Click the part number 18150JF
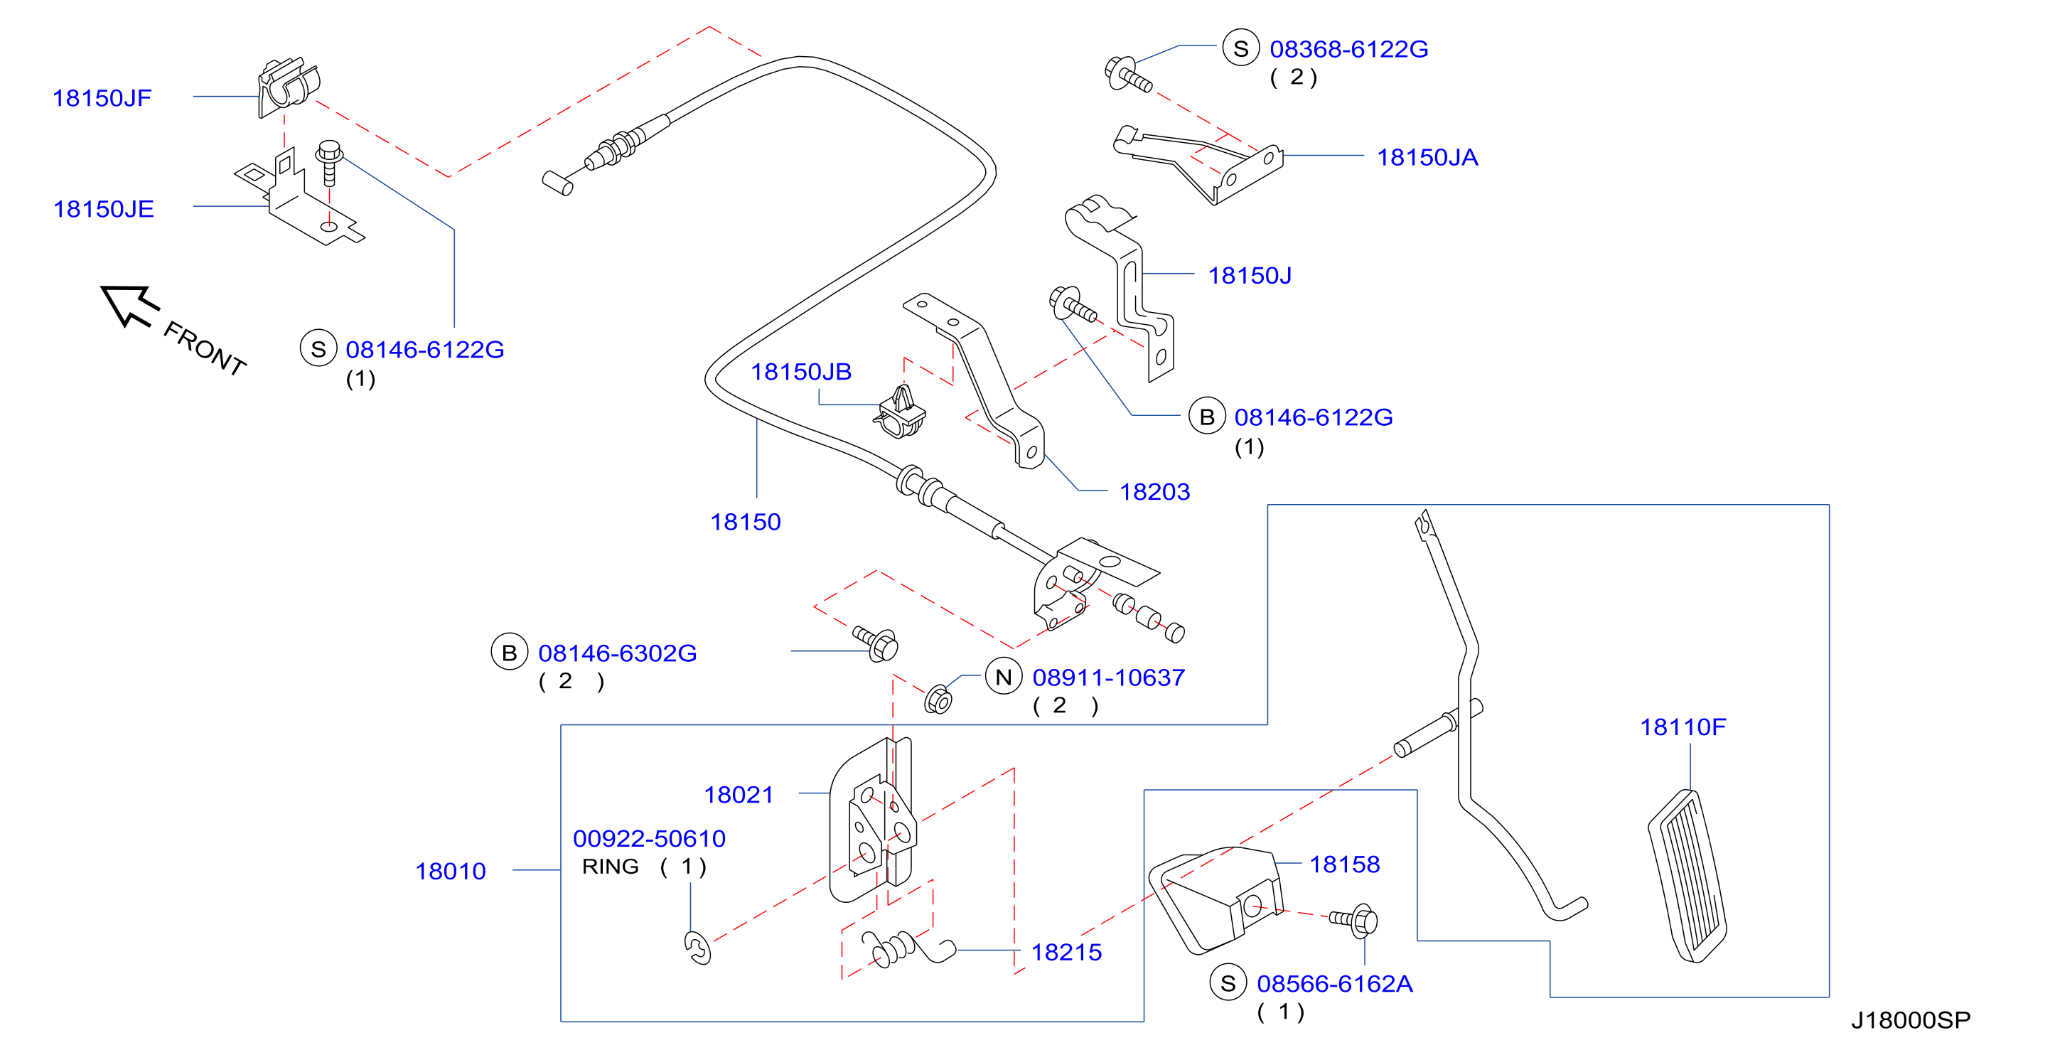102,98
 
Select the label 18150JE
104,208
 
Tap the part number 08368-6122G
1349,49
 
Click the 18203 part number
1154,492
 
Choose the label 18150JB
801,372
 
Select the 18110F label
1683,727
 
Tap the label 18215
1066,952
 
